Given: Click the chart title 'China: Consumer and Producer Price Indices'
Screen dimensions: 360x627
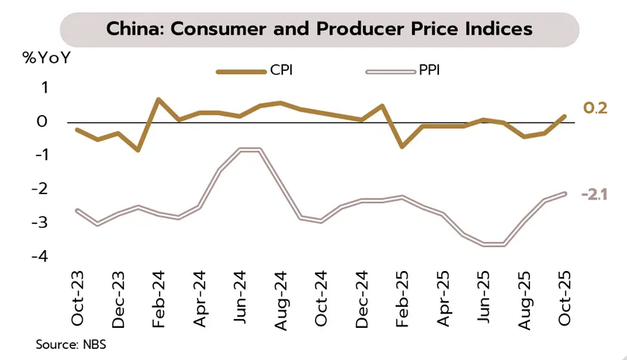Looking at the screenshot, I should click(319, 29).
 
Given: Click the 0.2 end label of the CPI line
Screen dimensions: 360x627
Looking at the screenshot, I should click(595, 109).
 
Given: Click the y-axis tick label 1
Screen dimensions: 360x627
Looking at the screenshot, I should click(44, 88).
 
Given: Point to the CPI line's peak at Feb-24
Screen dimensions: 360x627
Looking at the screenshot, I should click(159, 99).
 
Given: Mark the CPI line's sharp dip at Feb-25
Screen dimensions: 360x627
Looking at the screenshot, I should click(402, 146).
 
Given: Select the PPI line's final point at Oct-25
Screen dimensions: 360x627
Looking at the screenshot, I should click(564, 193).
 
